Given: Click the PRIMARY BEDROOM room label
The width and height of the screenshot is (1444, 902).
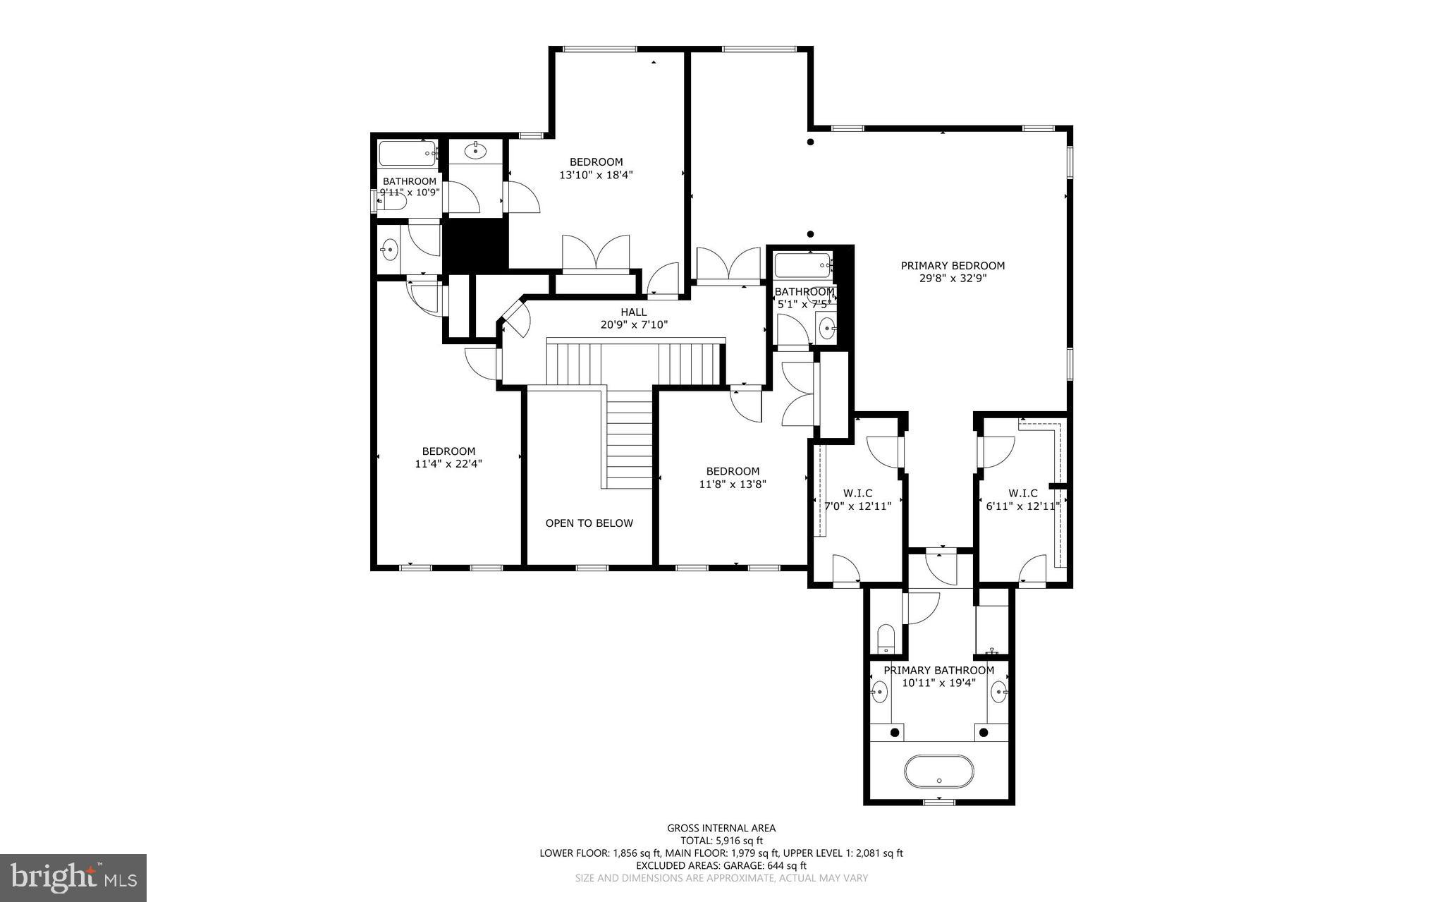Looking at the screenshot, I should tap(952, 266).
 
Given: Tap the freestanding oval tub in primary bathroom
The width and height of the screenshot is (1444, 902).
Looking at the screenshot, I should tap(939, 772).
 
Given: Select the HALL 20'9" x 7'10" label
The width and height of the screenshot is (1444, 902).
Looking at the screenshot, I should tap(633, 319).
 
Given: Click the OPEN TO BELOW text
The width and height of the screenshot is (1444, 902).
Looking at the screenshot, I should tap(589, 523).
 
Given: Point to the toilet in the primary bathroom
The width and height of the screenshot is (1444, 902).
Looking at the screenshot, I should tap(886, 638).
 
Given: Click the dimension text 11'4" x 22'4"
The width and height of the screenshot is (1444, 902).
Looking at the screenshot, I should tap(448, 464).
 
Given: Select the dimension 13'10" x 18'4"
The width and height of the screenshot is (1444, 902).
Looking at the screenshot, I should tap(596, 175).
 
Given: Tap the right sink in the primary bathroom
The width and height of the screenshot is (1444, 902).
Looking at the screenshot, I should tap(999, 692).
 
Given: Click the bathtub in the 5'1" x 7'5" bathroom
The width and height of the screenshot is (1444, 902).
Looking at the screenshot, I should tap(802, 266).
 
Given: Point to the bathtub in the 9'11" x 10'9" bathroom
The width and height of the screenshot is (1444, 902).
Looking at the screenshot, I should tap(408, 152).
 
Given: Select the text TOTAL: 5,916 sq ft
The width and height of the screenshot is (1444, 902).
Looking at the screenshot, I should tap(721, 841).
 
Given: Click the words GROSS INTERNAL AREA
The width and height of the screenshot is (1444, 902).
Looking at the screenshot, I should tap(721, 828).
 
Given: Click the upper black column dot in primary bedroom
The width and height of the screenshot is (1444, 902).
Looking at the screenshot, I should tap(810, 142).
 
